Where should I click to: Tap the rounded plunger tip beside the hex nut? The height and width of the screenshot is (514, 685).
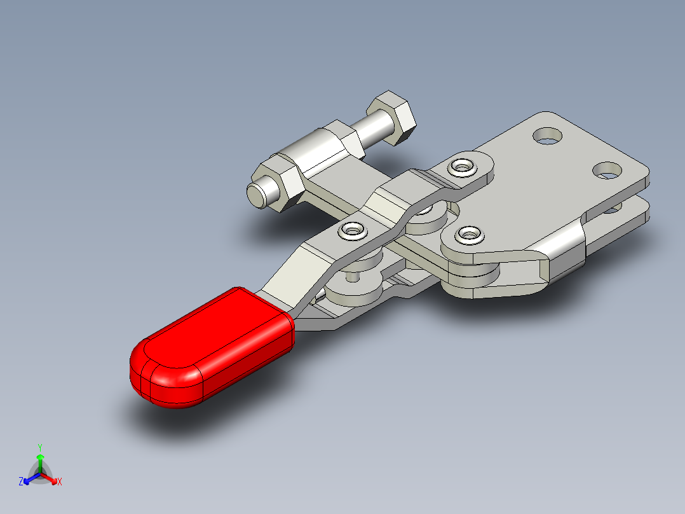(x=258, y=193)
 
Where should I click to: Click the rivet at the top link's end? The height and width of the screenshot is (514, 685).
(x=462, y=167)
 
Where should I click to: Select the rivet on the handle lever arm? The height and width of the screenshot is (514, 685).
(x=351, y=230)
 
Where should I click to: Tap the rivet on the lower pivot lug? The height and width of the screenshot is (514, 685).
(x=468, y=234)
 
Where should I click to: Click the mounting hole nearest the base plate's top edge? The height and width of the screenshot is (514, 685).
(x=547, y=135)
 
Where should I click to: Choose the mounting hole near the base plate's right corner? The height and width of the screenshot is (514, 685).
(x=607, y=170)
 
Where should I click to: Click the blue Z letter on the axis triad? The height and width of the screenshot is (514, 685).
(x=21, y=482)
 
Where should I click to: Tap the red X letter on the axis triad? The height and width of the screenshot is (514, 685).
(x=59, y=482)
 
